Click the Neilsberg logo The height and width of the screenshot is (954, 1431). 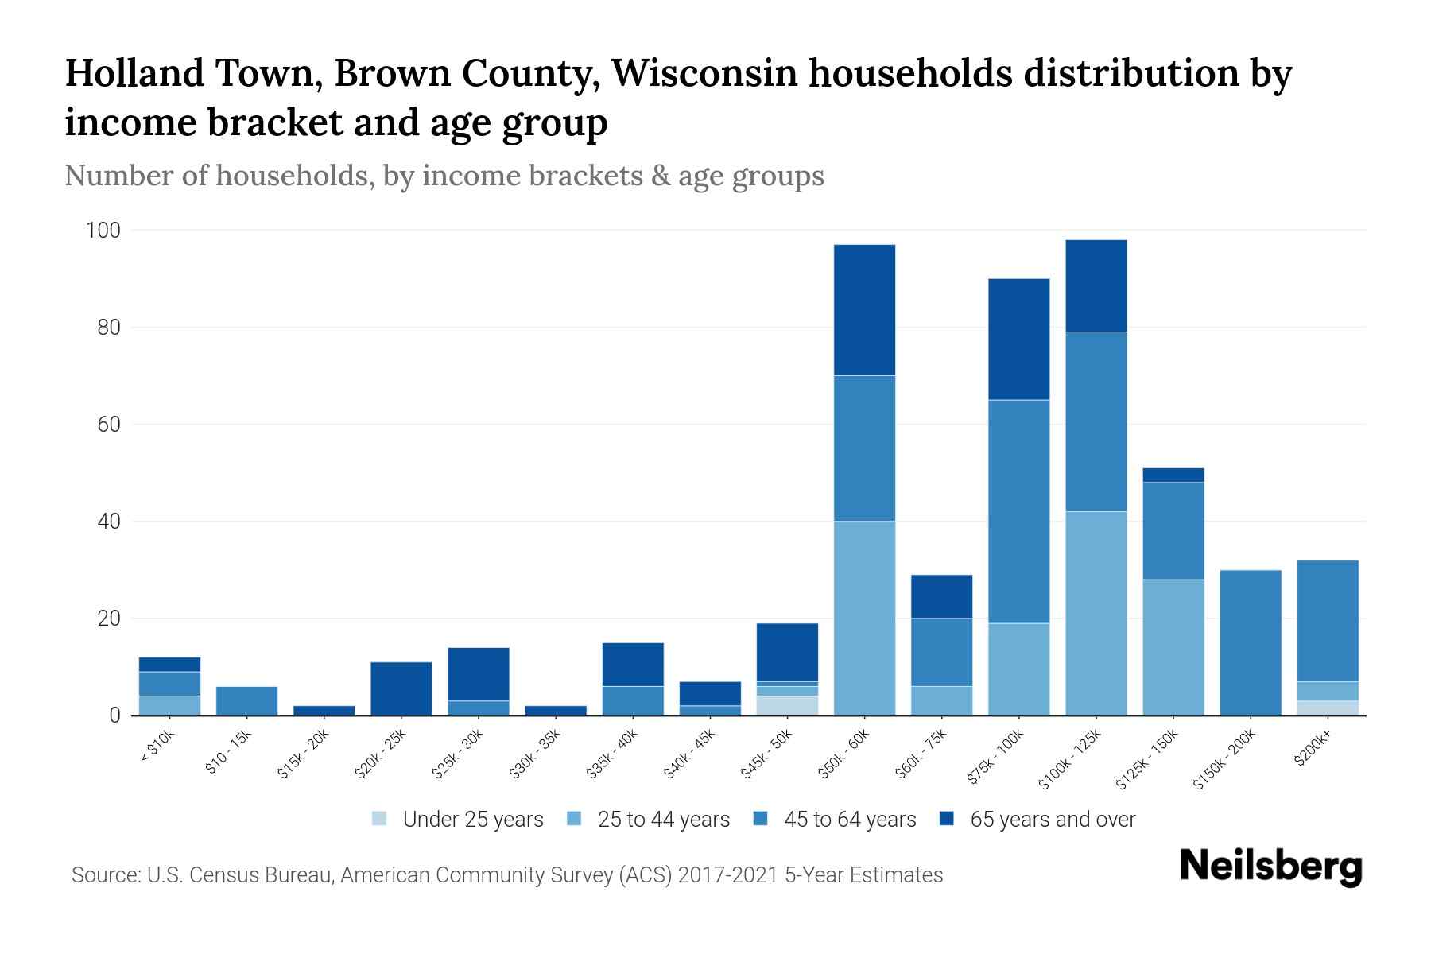pyautogui.click(x=1270, y=867)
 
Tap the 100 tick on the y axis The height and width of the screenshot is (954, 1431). pyautogui.click(x=103, y=231)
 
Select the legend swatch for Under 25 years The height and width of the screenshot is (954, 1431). pyautogui.click(x=380, y=819)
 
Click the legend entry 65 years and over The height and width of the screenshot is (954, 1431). pyautogui.click(x=1052, y=819)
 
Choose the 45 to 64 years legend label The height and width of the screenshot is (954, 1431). pyautogui.click(x=849, y=819)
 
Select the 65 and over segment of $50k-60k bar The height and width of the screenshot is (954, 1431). pyautogui.click(x=864, y=310)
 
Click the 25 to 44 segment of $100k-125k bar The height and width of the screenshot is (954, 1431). pyautogui.click(x=1096, y=613)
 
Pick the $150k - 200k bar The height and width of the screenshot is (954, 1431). pyautogui.click(x=1250, y=642)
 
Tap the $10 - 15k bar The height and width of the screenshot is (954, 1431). pyautogui.click(x=246, y=700)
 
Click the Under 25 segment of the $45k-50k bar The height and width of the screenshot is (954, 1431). pyautogui.click(x=787, y=706)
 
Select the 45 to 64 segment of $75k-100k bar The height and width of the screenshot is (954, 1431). pyautogui.click(x=1018, y=511)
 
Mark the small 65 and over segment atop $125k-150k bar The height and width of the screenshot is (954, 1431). pyautogui.click(x=1173, y=475)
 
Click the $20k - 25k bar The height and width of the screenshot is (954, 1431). pyautogui.click(x=401, y=688)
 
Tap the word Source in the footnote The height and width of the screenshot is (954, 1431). pyautogui.click(x=105, y=875)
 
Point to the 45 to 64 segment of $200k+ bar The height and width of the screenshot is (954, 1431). pyautogui.click(x=1327, y=621)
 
